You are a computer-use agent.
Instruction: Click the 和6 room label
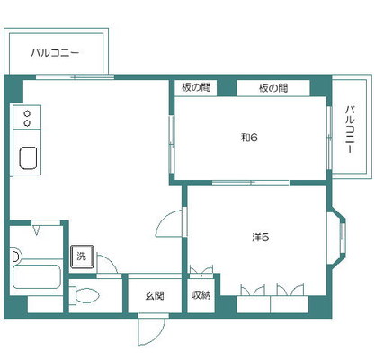249,138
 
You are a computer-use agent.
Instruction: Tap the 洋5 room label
261,238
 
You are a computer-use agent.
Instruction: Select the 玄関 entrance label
155,296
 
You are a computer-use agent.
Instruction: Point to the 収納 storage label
201,295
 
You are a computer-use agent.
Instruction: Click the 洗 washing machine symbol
82,256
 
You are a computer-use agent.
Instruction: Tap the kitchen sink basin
28,157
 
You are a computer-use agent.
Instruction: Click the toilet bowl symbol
85,295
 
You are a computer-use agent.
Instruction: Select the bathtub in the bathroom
37,276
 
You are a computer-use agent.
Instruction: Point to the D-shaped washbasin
15,256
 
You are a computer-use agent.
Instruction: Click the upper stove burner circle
27,113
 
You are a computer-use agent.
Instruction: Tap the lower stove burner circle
27,123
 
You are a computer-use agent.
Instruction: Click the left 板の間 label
196,88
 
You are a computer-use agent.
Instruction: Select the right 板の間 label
273,88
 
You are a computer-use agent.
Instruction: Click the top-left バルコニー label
55,53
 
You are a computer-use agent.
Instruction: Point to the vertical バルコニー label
350,130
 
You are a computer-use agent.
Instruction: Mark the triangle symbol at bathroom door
37,230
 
